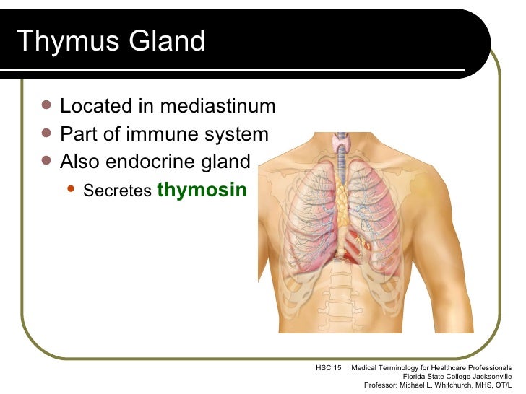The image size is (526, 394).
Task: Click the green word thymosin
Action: click(x=202, y=190)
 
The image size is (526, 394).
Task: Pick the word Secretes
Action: click(x=117, y=191)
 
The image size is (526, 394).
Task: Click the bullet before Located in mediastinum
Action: click(x=47, y=105)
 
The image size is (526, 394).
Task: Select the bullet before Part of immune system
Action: click(x=47, y=133)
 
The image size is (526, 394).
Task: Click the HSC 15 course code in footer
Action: click(x=329, y=368)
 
